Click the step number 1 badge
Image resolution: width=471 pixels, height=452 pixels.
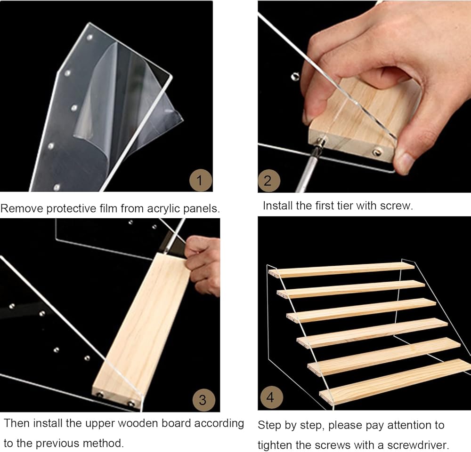201,180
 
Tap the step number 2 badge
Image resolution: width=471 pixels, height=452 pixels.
268,181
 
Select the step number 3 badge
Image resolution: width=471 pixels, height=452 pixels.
203,400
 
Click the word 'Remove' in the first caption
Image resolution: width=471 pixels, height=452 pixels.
22,208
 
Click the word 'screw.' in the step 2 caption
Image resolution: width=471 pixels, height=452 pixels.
397,206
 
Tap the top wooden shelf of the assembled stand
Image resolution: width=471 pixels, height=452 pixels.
341,270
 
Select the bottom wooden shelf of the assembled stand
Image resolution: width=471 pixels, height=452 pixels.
395,382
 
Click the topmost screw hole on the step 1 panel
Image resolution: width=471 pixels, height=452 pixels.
89,38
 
